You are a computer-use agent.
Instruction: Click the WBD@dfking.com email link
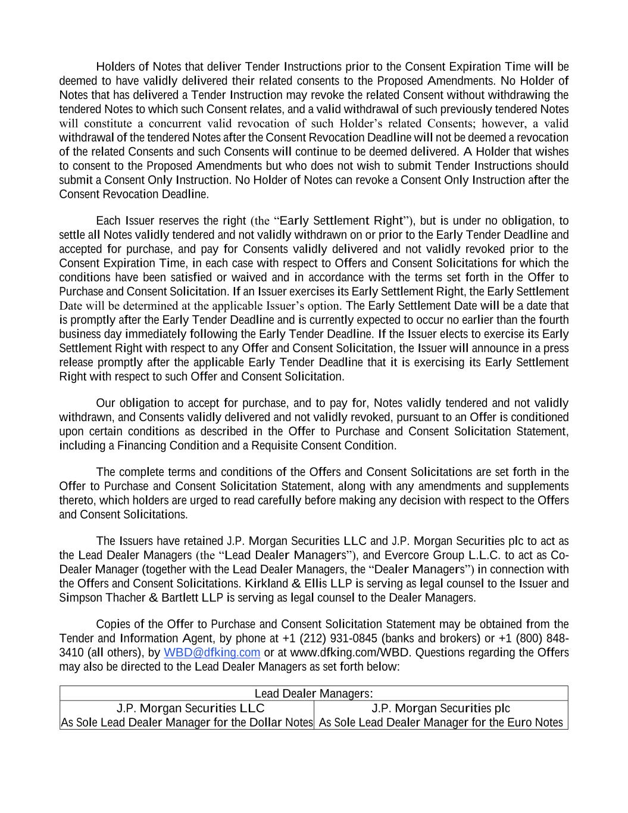coord(212,652)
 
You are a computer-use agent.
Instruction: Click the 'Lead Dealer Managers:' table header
coord(314,693)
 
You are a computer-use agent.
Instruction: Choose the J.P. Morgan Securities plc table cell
coord(440,708)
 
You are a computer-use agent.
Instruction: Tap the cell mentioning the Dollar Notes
coord(187,722)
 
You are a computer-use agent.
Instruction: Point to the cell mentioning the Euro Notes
coord(440,722)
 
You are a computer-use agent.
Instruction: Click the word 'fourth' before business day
coord(552,320)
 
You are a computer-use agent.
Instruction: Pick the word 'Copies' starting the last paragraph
coord(113,624)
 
